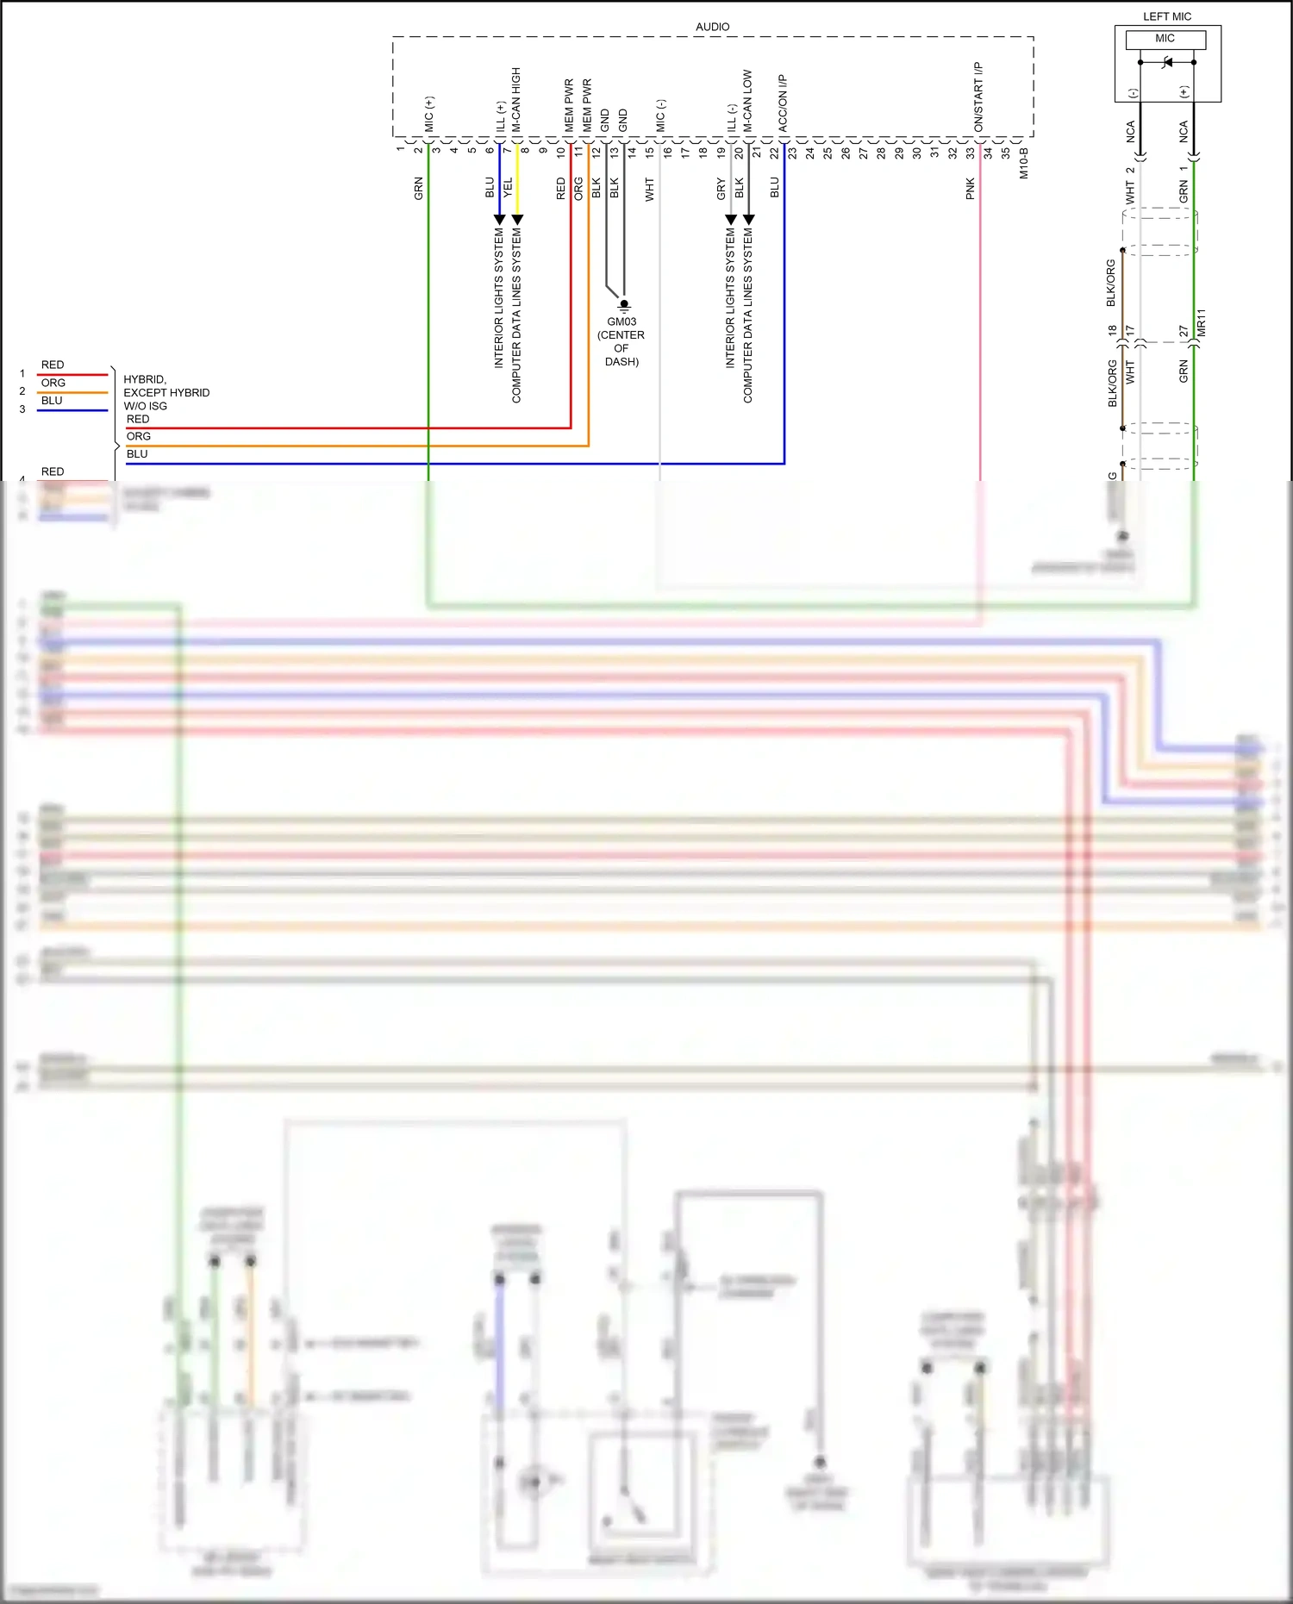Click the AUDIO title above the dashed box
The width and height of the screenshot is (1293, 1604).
712,27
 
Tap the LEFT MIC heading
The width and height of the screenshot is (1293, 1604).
1166,16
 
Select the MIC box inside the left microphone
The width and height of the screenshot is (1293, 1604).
1165,39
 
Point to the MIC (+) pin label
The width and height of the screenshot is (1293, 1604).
429,114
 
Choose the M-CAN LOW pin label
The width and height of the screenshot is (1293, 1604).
747,101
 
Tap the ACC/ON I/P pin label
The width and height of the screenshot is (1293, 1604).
783,103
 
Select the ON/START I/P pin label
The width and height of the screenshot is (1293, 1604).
978,97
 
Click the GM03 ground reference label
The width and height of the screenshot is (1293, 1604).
622,321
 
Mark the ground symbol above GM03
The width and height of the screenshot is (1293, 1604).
624,305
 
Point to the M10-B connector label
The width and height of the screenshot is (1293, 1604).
1024,163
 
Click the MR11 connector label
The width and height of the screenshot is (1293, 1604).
1202,322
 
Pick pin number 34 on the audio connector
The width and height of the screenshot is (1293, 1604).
988,153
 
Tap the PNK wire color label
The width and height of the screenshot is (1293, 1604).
970,189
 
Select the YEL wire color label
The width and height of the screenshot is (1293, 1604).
508,188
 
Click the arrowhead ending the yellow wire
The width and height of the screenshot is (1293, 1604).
517,220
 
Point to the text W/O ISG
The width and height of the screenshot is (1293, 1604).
146,406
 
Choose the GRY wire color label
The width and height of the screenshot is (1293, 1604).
721,190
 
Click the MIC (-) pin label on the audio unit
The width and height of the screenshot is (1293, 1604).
660,116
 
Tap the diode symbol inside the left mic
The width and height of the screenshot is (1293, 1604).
1168,62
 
